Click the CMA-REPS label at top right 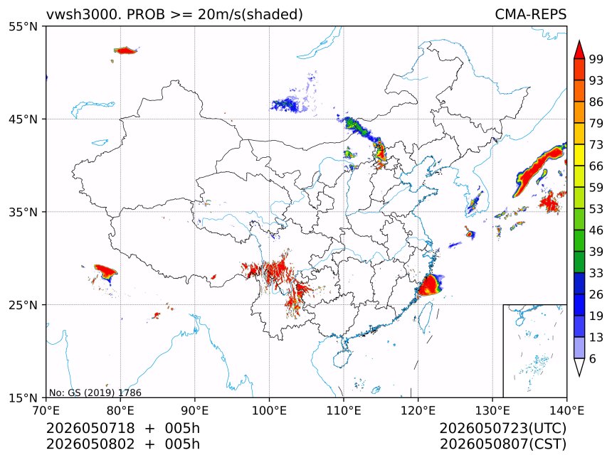pos(530,14)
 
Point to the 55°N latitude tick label pos(23,26)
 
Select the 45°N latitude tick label pos(23,119)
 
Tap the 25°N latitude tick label pos(23,304)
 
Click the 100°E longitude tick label pos(269,410)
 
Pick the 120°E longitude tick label pos(418,410)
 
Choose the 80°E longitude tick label pos(120,410)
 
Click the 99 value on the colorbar pos(596,59)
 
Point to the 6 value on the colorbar pos(593,358)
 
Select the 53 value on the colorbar pos(596,209)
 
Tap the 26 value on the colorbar pos(596,294)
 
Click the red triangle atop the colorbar pos(579,50)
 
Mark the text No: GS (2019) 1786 pos(95,392)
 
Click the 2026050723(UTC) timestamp pos(503,428)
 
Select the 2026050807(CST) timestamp pos(503,444)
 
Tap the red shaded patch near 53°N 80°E pos(125,50)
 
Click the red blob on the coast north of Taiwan pos(429,285)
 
